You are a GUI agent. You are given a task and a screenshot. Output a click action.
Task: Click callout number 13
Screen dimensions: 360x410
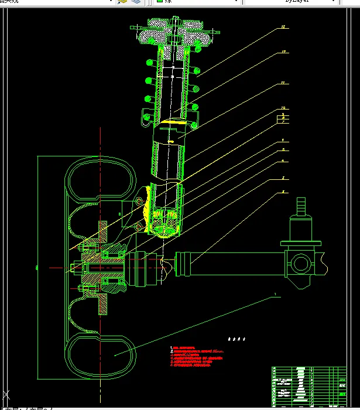(x=284, y=27)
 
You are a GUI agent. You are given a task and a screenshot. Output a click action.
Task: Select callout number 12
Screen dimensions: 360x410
(x=284, y=52)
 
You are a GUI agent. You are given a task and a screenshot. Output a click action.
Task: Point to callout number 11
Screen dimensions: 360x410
(x=283, y=83)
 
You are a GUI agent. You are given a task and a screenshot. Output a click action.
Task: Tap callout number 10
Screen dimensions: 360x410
(x=283, y=108)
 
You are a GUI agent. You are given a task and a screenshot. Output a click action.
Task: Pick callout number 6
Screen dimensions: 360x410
(x=283, y=141)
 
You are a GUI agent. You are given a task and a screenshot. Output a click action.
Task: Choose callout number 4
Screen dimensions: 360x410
(x=283, y=160)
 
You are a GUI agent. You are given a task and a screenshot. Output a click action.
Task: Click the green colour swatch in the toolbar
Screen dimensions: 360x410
(x=160, y=2)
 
